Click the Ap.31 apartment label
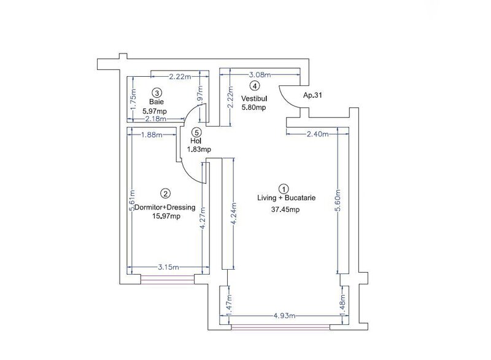[313, 96]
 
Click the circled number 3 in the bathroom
[157, 92]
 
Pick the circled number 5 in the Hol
[195, 131]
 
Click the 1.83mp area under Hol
[199, 149]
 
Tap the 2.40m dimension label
[317, 134]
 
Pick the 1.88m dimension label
[151, 135]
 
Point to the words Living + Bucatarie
[286, 197]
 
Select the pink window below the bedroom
[168, 280]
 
